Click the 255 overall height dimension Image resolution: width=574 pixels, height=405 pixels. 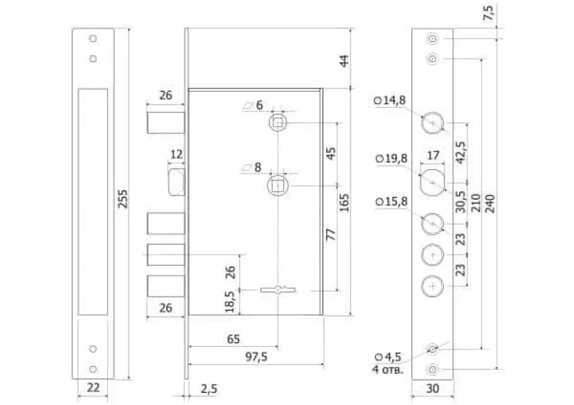click(x=123, y=198)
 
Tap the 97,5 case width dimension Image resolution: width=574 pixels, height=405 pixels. click(x=256, y=356)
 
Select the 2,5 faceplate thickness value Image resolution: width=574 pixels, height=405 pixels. click(x=209, y=389)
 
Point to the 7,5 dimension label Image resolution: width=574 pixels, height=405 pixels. click(x=489, y=13)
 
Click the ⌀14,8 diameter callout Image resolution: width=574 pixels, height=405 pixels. click(x=390, y=100)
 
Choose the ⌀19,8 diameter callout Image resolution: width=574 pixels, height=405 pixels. click(x=392, y=159)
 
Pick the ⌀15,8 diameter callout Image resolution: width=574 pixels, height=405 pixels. click(x=392, y=201)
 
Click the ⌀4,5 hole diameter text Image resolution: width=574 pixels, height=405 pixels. click(x=388, y=356)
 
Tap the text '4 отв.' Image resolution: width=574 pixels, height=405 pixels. click(x=388, y=369)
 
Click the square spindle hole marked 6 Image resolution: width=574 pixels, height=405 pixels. click(x=278, y=123)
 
